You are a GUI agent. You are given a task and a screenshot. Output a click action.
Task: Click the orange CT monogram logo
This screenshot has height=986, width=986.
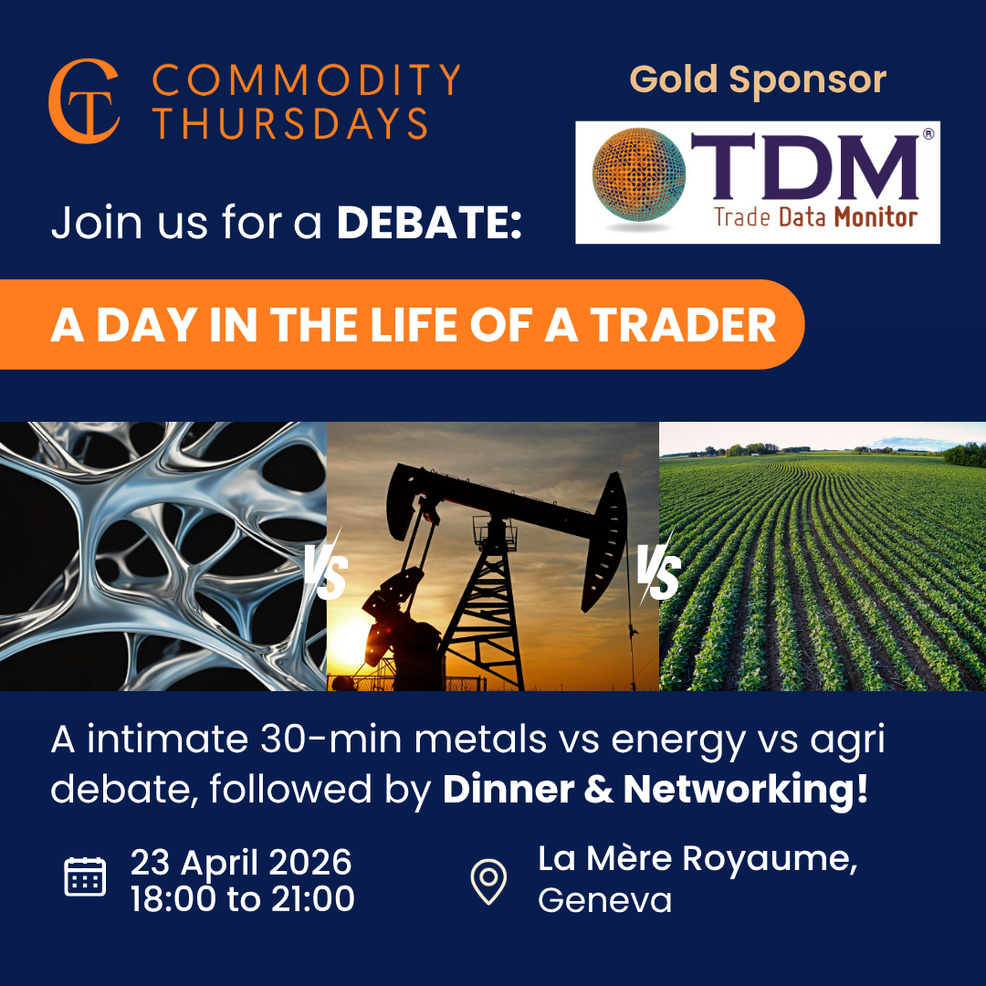coord(84,101)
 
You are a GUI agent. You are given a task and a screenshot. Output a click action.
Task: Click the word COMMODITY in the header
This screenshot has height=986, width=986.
coord(306,80)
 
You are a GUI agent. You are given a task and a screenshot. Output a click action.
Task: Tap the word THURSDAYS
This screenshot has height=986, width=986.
coord(291,122)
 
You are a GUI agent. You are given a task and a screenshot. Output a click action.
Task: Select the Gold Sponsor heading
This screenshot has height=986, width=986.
coord(758,79)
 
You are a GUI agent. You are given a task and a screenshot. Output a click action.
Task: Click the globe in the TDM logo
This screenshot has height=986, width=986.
coord(638,174)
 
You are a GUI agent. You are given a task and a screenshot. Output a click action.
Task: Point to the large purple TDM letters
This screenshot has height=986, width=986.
coord(805,166)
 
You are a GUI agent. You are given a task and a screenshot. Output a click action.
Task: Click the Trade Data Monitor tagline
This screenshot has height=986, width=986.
coord(815,217)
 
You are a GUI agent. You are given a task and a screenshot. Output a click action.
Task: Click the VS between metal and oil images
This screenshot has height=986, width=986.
coord(326,570)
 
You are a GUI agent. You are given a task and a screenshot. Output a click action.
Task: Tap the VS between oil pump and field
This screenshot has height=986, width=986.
coord(658,570)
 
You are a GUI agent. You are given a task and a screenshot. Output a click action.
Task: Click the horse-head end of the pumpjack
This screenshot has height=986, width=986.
coord(605,540)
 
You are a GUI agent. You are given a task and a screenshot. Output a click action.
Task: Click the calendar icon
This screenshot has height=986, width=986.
coord(85,876)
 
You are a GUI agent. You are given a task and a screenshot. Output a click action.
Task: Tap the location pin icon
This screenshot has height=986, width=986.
coord(488,881)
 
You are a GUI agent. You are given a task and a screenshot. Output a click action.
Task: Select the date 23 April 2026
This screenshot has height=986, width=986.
coord(241,862)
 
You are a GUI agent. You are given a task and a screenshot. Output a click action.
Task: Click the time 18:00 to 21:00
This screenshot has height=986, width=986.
coord(243,898)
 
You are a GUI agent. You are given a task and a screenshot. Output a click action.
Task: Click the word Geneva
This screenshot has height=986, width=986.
coord(605,900)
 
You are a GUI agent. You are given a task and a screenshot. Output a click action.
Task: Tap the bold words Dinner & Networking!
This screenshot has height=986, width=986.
coord(656,789)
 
